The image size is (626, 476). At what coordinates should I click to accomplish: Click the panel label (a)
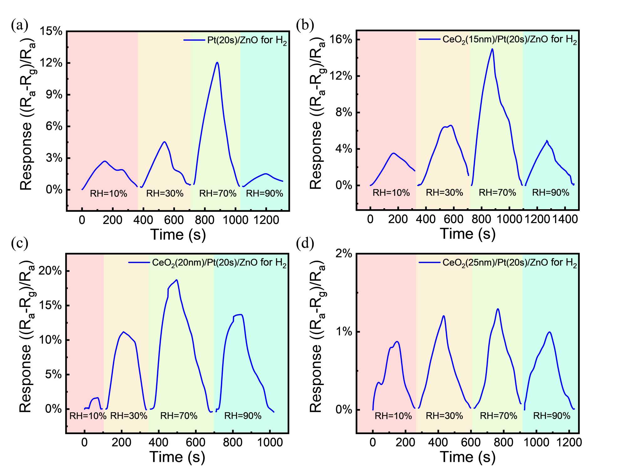click(x=19, y=25)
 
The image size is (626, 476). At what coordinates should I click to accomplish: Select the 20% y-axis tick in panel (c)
click(x=50, y=271)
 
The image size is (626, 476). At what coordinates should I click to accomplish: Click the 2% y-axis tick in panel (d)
click(x=344, y=253)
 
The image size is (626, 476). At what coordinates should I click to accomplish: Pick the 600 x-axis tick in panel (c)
click(x=196, y=442)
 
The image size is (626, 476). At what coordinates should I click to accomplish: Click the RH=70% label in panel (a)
click(x=218, y=194)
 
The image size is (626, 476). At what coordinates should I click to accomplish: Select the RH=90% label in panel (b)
click(x=551, y=193)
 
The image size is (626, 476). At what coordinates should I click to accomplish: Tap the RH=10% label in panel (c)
click(x=88, y=416)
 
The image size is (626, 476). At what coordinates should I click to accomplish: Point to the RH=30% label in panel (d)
click(x=444, y=416)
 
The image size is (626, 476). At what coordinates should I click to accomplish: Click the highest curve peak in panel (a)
click(x=217, y=62)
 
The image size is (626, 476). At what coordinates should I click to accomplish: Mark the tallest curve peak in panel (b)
click(x=492, y=49)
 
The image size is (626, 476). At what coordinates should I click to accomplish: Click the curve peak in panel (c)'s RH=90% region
click(x=240, y=314)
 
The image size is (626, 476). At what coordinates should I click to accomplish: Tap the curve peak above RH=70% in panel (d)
click(x=498, y=309)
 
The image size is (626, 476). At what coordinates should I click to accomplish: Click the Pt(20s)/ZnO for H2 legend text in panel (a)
click(x=247, y=40)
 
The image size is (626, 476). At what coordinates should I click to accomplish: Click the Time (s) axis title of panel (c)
click(x=177, y=457)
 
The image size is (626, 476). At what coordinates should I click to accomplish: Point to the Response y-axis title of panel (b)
click(x=317, y=113)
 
